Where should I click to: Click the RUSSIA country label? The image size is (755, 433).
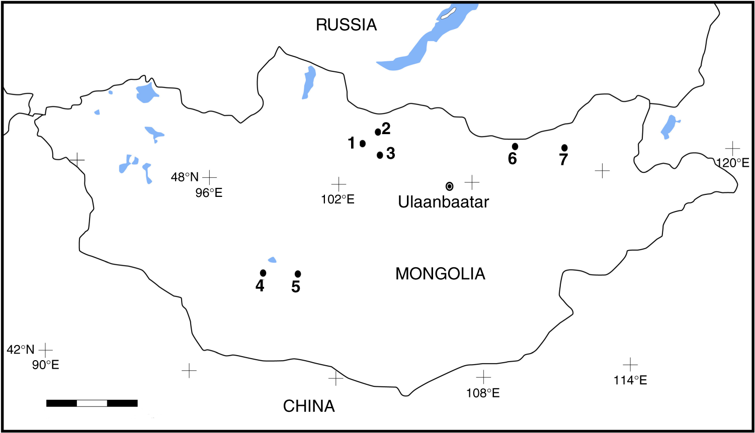346,25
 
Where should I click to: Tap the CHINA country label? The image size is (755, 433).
309,406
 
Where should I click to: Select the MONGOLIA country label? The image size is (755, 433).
440,274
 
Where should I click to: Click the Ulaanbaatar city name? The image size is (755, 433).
443,202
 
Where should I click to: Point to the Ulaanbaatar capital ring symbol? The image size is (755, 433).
449,186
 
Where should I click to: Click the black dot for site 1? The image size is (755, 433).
363,144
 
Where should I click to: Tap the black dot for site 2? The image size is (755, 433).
378,132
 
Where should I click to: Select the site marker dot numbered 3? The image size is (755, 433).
380,155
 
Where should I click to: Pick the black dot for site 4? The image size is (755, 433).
263,273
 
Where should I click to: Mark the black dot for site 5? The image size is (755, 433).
298,274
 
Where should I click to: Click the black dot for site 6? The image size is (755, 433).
515,146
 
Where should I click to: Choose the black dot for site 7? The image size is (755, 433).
564,148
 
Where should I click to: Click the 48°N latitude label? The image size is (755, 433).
185,177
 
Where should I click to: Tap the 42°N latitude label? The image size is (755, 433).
21,350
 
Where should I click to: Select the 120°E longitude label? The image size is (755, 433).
732,163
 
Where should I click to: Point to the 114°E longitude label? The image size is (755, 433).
630,380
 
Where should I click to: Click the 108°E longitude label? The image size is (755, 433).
483,393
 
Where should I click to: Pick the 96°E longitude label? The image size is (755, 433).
209,193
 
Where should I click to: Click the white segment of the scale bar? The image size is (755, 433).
92,403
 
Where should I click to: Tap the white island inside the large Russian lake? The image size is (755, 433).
448,13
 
